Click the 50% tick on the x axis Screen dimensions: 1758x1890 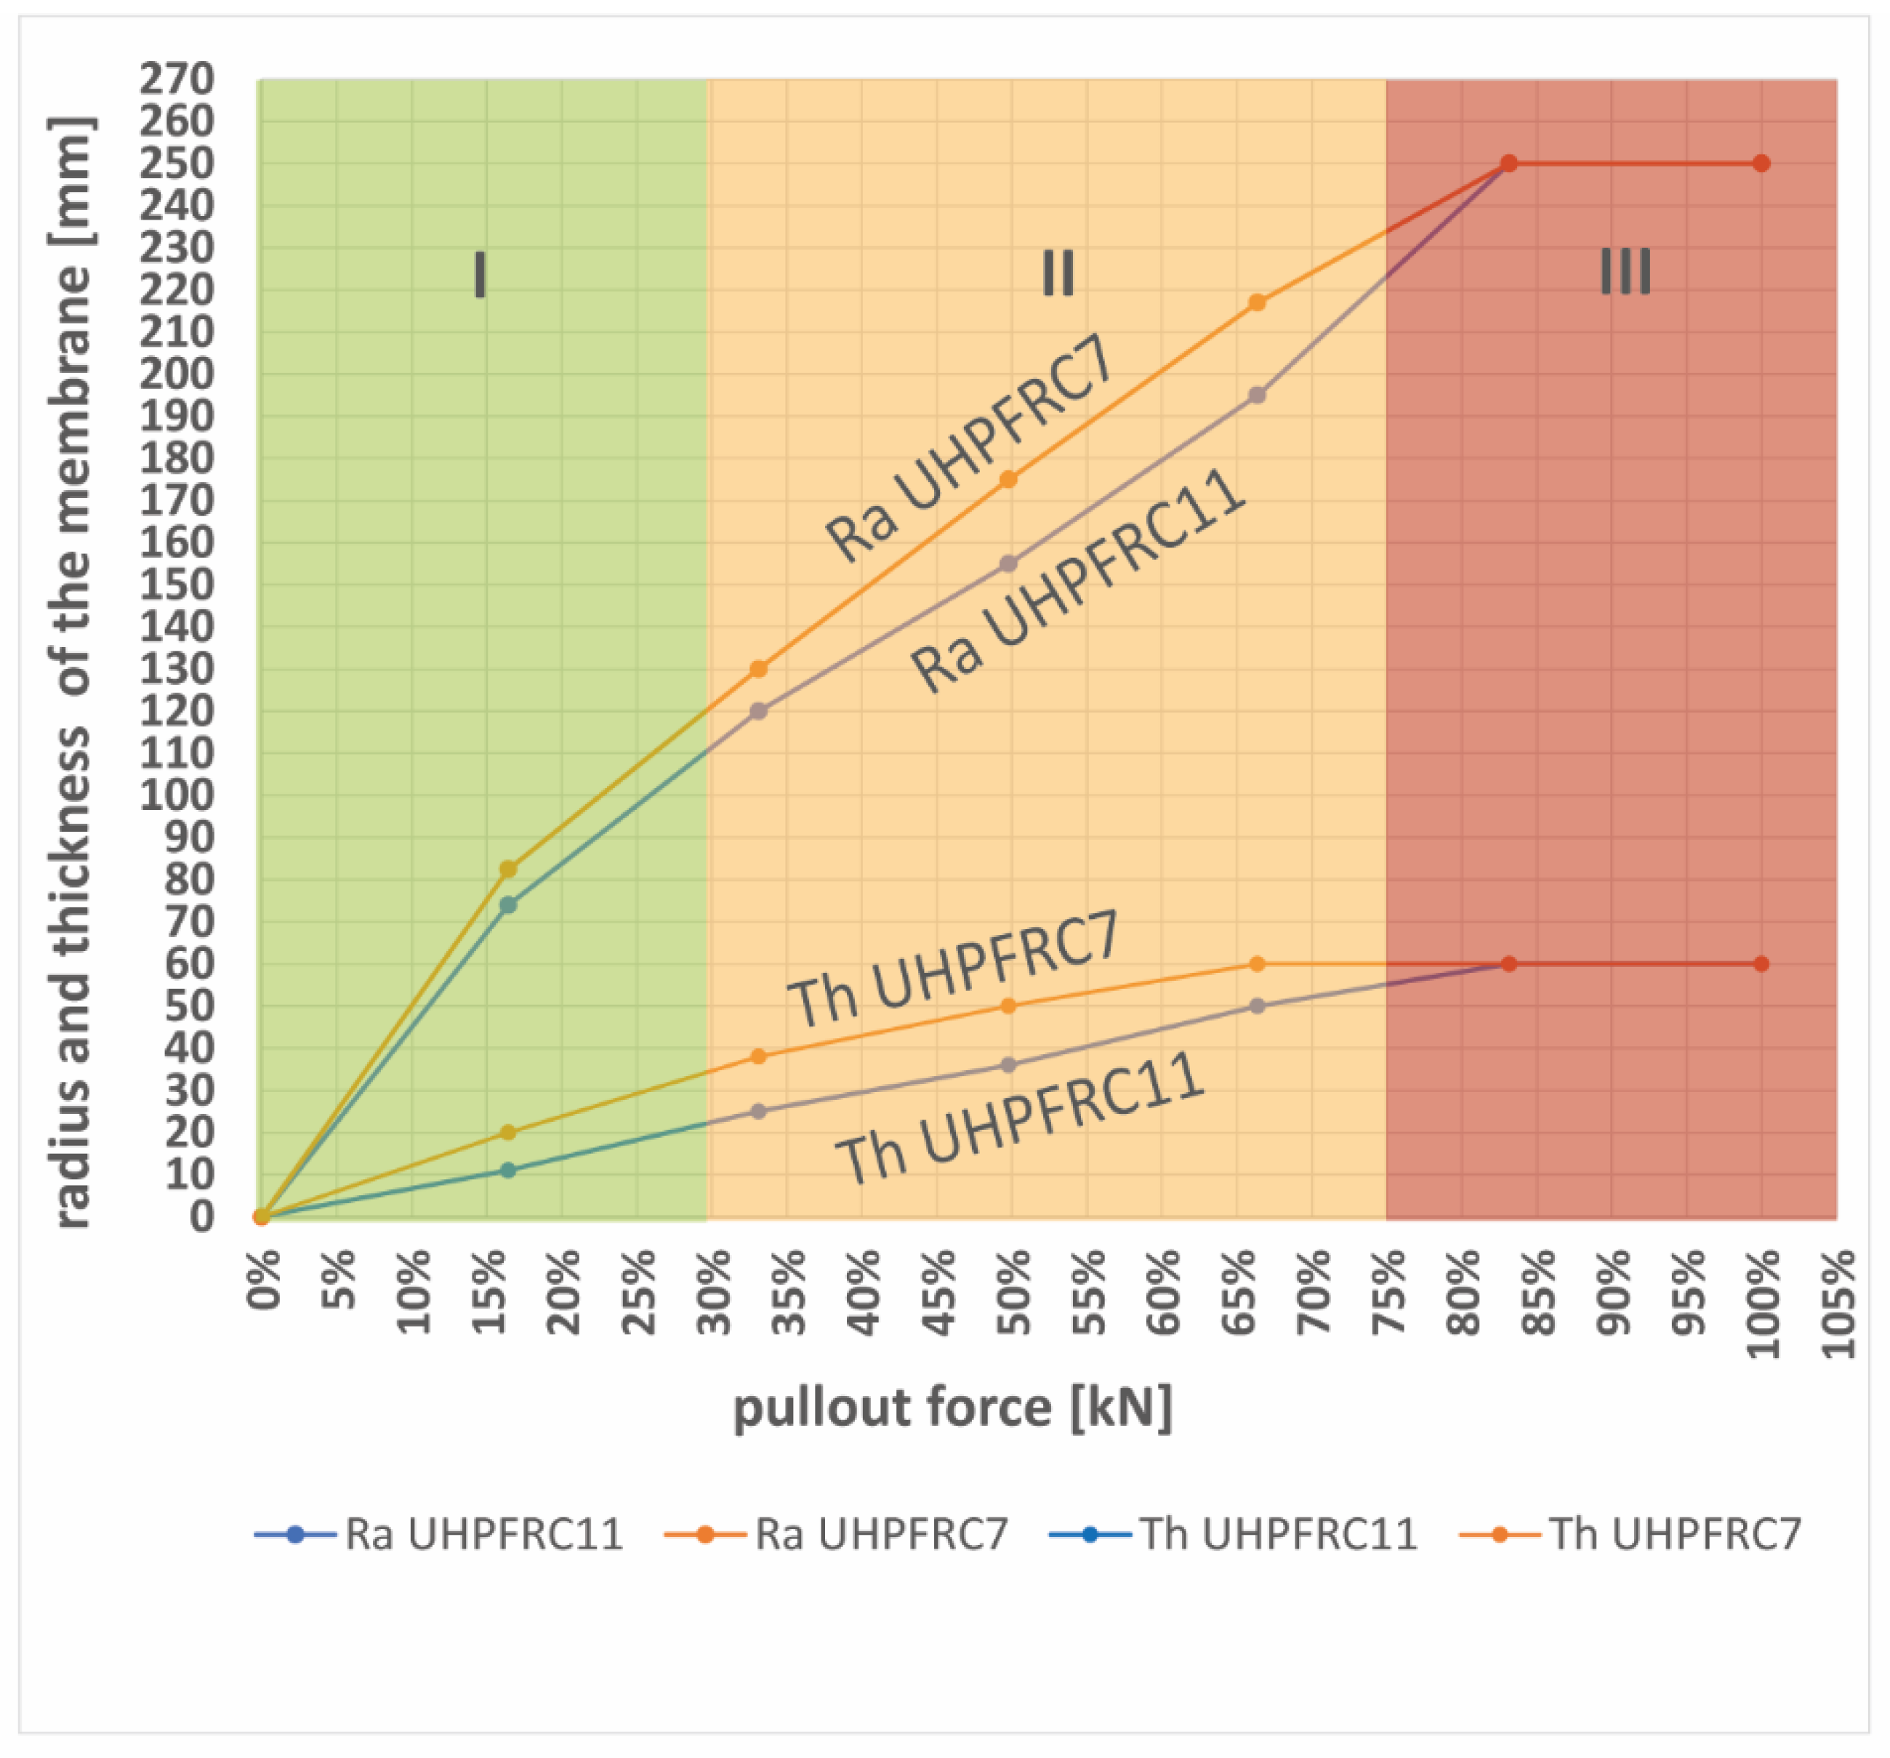point(1013,1293)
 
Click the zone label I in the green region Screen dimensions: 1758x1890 point(480,276)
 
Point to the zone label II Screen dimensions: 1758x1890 point(1057,274)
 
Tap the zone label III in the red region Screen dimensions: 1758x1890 point(1625,272)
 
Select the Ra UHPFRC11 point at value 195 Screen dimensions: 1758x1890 point(1257,395)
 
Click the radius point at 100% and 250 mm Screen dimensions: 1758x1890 point(1761,164)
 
